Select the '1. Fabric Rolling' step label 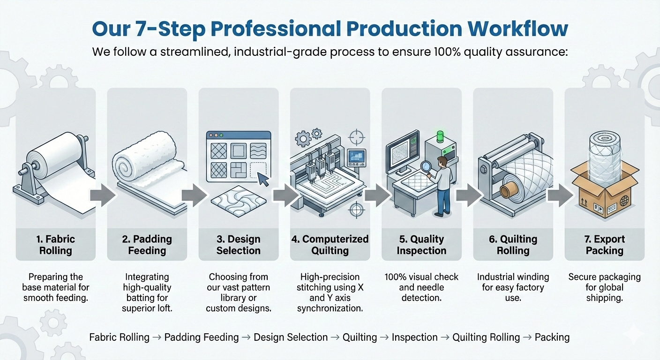click(56, 245)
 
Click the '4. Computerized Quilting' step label click(330, 245)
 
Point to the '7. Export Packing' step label click(605, 245)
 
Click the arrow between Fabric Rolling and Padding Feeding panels click(103, 195)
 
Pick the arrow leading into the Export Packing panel click(560, 195)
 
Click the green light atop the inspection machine click(440, 136)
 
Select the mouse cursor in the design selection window click(263, 179)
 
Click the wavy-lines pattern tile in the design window click(258, 151)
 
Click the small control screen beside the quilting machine click(357, 158)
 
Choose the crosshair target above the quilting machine click(357, 137)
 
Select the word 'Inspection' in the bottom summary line click(414, 337)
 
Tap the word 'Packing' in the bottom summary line click(552, 337)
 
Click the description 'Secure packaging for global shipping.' click(605, 287)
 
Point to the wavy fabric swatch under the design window click(239, 201)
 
